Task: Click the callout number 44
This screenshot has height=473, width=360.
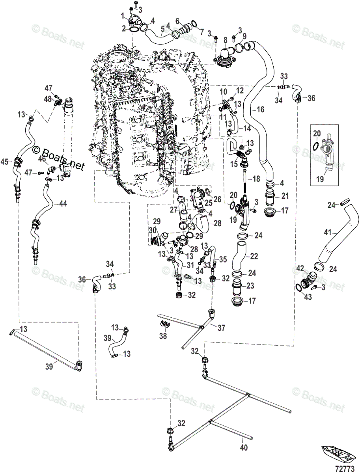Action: (x=63, y=204)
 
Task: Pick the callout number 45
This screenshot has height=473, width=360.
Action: (x=5, y=162)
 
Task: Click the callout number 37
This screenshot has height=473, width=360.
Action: (x=222, y=327)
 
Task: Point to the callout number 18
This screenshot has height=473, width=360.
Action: (x=256, y=179)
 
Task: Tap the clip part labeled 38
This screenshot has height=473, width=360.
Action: (x=165, y=325)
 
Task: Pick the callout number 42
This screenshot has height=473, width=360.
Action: (x=299, y=268)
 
